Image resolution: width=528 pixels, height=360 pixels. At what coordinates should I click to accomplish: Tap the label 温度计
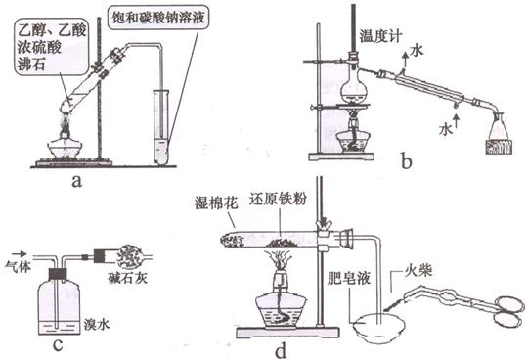380,35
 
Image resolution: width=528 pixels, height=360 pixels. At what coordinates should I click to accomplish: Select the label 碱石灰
128,278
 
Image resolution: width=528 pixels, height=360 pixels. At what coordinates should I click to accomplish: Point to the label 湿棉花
216,203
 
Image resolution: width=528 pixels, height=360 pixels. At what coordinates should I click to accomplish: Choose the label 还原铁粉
278,199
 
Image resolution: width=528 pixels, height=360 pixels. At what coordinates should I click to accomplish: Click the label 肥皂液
349,278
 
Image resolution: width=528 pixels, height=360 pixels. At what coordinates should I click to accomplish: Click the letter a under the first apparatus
77,182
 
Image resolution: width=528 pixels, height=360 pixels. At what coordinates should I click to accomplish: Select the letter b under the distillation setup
407,160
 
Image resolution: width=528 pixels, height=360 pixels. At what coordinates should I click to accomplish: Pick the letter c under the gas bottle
58,345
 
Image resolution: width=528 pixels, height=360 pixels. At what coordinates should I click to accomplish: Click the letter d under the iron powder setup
281,350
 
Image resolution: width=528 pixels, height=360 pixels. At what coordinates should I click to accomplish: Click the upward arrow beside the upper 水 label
406,59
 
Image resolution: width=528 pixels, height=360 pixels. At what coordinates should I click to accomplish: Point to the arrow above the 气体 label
19,253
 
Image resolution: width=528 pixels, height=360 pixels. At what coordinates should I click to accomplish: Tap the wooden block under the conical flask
499,147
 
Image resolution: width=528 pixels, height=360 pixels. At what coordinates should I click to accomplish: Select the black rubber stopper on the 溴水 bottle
58,274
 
